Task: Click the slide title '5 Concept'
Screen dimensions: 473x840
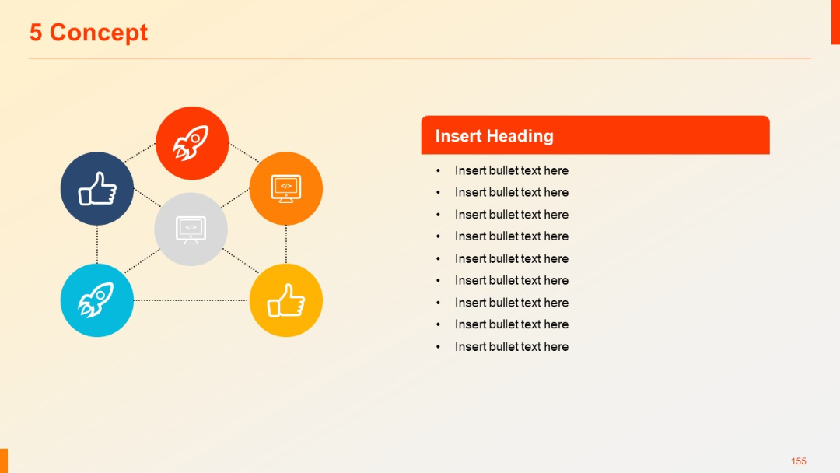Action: pyautogui.click(x=89, y=33)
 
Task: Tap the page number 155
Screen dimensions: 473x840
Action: pyautogui.click(x=798, y=461)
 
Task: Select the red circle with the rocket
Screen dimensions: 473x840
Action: pyautogui.click(x=192, y=143)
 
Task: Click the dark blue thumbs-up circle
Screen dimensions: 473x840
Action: pyautogui.click(x=97, y=188)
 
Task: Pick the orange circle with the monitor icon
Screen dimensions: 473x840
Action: pyautogui.click(x=286, y=188)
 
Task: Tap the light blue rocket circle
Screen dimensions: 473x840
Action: pyautogui.click(x=97, y=300)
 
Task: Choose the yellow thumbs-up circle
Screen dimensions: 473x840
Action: pyautogui.click(x=286, y=300)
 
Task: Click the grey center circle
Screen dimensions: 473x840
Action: pyautogui.click(x=191, y=229)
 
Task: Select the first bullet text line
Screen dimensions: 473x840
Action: pyautogui.click(x=511, y=170)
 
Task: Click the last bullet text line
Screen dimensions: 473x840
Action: pyautogui.click(x=511, y=346)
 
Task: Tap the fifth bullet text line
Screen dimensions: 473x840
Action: pyautogui.click(x=511, y=258)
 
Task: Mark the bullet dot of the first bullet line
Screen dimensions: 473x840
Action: pyautogui.click(x=438, y=171)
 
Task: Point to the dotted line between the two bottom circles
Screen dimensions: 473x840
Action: pyautogui.click(x=191, y=300)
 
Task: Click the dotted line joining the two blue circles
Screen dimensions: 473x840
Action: pyautogui.click(x=97, y=244)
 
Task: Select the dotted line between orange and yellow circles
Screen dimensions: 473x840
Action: pyautogui.click(x=286, y=244)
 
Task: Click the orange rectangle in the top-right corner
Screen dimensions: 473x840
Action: pyautogui.click(x=835, y=22)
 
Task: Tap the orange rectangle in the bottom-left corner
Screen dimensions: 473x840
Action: pyautogui.click(x=4, y=460)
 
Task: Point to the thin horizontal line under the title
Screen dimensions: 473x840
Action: pyautogui.click(x=420, y=58)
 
